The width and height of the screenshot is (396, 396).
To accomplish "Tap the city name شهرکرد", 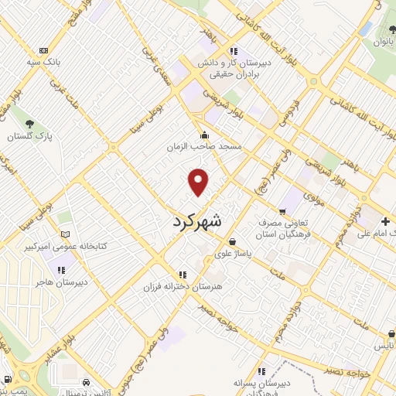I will coord(195,221).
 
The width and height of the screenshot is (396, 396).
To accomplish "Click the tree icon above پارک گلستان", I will coord(29,124).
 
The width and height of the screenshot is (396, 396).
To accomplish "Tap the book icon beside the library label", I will coord(65,234).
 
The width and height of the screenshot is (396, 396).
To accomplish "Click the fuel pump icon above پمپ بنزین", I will coord(8,379).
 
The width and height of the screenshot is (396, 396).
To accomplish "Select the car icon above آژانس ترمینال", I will coord(85,382).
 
